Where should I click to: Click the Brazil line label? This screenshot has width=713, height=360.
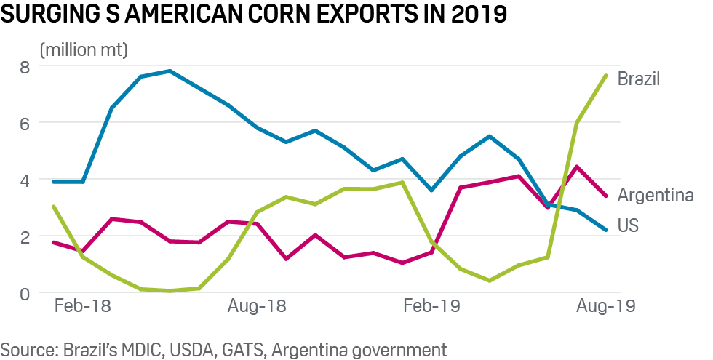639,79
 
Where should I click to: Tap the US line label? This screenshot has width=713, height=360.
628,226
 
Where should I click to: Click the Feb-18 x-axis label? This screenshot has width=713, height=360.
83,305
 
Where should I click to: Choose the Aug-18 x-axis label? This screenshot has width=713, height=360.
258,305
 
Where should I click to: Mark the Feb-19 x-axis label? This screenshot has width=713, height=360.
431,305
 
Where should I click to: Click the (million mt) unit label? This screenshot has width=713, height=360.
84,50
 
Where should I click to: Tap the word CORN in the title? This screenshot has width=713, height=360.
284,15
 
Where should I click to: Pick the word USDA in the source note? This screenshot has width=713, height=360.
196,349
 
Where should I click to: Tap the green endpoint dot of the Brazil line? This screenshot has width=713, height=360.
605,76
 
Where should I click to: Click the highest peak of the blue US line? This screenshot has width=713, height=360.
170,71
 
